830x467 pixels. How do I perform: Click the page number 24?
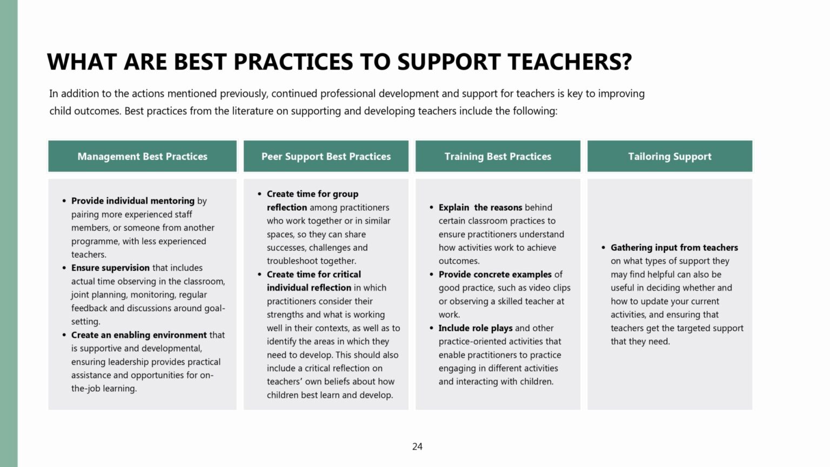click(417, 446)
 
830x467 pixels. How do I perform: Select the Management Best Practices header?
click(142, 157)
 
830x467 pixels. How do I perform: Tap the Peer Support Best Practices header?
click(326, 157)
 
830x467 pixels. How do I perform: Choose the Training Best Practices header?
click(498, 157)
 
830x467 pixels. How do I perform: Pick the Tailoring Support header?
click(670, 157)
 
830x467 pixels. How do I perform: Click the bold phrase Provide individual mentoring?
click(133, 201)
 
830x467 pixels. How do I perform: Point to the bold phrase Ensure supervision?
click(110, 268)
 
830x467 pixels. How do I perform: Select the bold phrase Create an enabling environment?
click(139, 335)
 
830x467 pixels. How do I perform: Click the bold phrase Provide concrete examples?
click(495, 275)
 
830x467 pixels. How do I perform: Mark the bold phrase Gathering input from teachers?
click(674, 248)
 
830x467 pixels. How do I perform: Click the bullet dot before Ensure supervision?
click(64, 268)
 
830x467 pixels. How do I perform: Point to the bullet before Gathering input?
click(603, 248)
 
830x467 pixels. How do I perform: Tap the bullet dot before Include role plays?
click(431, 329)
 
